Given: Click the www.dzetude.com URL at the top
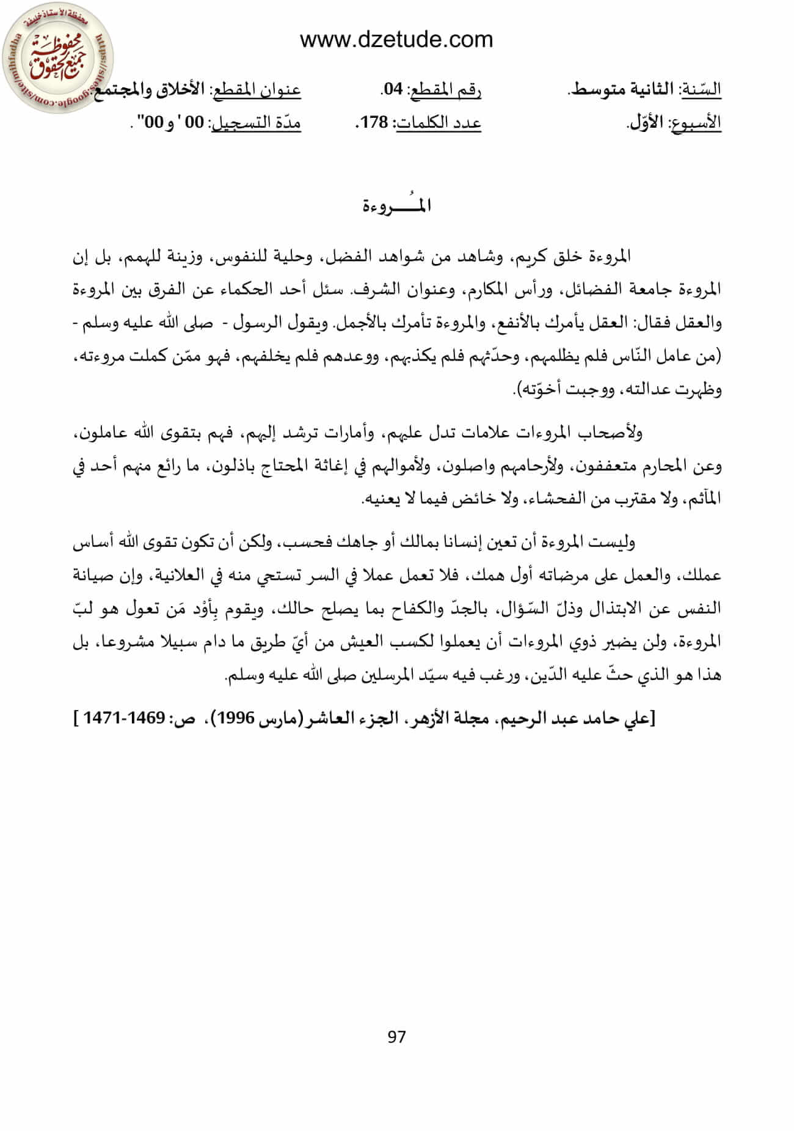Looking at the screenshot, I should tap(396, 40).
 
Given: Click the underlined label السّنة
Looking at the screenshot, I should tap(702, 90).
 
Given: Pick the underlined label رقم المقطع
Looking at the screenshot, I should tap(446, 90).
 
